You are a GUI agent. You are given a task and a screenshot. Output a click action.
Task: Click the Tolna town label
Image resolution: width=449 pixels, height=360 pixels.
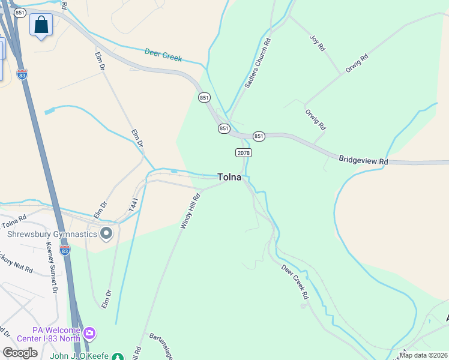point(229,178)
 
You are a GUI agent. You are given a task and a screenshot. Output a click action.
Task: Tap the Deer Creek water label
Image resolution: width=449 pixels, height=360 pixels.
point(163,55)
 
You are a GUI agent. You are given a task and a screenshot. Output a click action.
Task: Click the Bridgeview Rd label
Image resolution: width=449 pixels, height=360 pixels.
point(363,161)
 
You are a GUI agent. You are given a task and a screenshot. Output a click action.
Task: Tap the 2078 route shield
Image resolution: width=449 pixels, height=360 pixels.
point(243,152)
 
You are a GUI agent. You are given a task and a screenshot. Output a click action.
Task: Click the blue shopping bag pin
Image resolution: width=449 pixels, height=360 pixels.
point(41,25)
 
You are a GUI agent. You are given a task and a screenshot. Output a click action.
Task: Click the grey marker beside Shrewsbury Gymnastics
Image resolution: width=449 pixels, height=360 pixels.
point(107,233)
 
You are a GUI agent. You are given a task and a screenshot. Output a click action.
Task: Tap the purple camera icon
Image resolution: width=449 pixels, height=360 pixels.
point(89,332)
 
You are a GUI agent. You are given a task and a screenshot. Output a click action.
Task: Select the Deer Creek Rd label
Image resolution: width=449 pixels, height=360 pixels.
point(295,280)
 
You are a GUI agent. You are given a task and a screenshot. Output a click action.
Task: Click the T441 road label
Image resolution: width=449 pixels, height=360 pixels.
point(133,205)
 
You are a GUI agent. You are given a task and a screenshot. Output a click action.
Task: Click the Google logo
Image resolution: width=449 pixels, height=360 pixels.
point(20,353)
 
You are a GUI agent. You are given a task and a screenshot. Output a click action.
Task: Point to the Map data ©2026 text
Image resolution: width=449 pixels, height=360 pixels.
point(423,355)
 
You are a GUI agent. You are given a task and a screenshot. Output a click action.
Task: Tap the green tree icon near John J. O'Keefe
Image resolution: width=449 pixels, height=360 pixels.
point(118,357)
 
